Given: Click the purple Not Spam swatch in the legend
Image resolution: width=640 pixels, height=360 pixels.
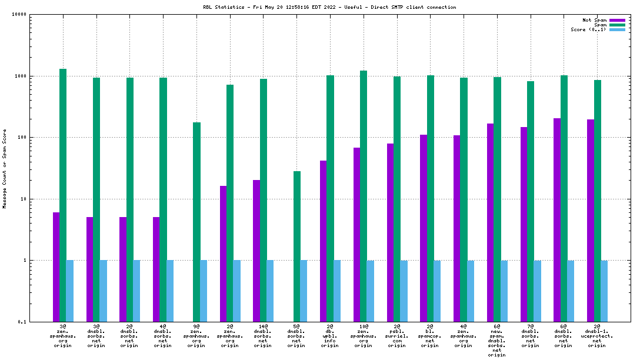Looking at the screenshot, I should click(x=617, y=21).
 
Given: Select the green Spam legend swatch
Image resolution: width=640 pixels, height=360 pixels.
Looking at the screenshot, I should click(x=617, y=25).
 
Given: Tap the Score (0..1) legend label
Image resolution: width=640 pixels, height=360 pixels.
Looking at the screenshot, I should click(x=589, y=30).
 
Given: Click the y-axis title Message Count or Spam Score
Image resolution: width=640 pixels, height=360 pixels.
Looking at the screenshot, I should click(x=5, y=168).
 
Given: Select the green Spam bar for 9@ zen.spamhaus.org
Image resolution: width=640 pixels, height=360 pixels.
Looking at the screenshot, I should click(x=196, y=222).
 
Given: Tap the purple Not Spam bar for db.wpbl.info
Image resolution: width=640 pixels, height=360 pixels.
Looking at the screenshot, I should click(x=323, y=241).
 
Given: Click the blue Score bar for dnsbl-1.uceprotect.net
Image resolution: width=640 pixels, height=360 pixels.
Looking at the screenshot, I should click(x=604, y=291).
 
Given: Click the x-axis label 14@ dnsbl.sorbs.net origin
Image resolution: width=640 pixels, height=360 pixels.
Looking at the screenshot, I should click(x=263, y=335).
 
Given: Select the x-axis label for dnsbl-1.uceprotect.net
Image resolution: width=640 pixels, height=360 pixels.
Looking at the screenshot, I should click(x=597, y=335).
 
